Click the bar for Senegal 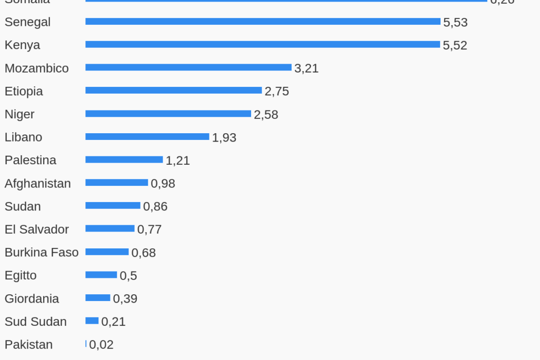pos(263,22)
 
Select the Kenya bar pos(263,45)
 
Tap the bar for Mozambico pos(188,67)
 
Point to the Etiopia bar pos(174,91)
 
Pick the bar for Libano pos(147,137)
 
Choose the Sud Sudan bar pos(92,321)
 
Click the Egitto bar pos(101,275)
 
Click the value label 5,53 pos(455,22)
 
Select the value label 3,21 pos(306,68)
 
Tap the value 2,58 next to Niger pos(266,115)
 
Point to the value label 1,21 pos(178,161)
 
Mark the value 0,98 pos(163,184)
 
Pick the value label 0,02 pos(101,345)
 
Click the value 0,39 pos(125,299)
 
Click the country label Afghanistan pos(37,184)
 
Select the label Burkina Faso pos(42,253)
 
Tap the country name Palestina pos(31,160)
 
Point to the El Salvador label pos(37,229)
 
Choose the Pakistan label pos(28,345)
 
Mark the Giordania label pos(32,299)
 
